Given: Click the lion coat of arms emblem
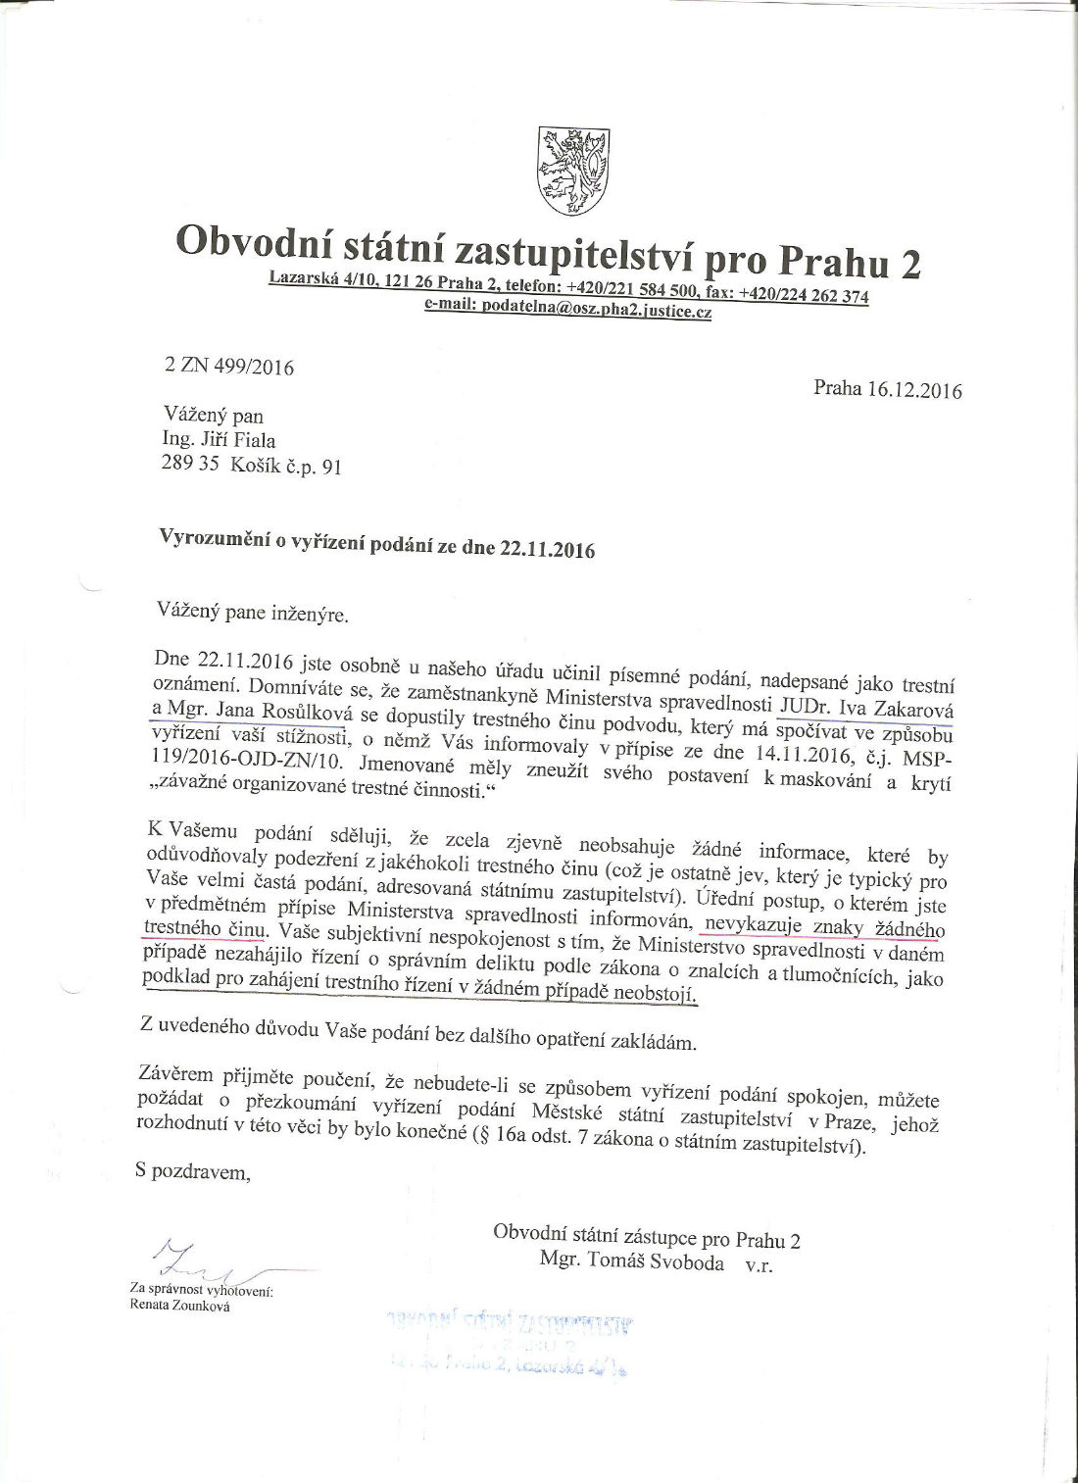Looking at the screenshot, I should [573, 171].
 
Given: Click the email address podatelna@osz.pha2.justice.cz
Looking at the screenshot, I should [567, 308].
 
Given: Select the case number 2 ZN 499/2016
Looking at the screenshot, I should [229, 367].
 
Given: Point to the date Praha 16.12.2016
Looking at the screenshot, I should [887, 389].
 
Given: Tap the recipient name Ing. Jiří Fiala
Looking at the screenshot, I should [219, 440].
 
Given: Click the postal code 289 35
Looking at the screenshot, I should [190, 464].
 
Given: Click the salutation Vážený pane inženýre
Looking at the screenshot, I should [253, 613].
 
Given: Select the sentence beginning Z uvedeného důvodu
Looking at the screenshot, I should [417, 1031].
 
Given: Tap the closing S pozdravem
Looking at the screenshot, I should [194, 1171].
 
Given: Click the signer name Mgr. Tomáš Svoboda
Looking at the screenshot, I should [631, 1261].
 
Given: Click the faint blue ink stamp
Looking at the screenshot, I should [510, 1343].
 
